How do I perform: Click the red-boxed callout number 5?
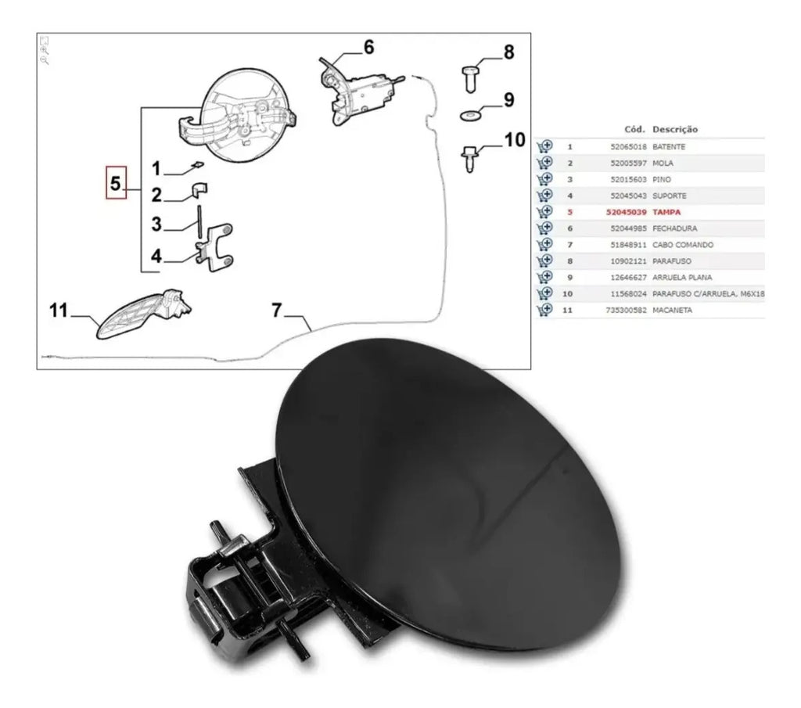(x=116, y=182)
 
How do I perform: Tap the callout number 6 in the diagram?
(x=368, y=47)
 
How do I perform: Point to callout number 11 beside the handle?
(x=58, y=310)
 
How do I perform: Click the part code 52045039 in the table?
(x=626, y=212)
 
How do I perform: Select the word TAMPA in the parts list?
(x=666, y=212)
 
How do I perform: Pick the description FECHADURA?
(x=674, y=228)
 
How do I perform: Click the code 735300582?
(x=626, y=310)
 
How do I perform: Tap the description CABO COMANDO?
(x=682, y=245)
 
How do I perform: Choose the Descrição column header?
(x=675, y=129)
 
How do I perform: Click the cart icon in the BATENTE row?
(x=544, y=146)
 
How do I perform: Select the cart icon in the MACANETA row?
(x=544, y=310)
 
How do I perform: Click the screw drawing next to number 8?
(x=470, y=79)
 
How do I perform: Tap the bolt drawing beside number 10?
(x=469, y=159)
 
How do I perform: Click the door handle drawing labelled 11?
(x=143, y=314)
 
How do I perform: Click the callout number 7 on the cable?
(x=276, y=310)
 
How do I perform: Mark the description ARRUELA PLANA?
(x=682, y=278)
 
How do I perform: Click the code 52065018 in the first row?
(x=628, y=146)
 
